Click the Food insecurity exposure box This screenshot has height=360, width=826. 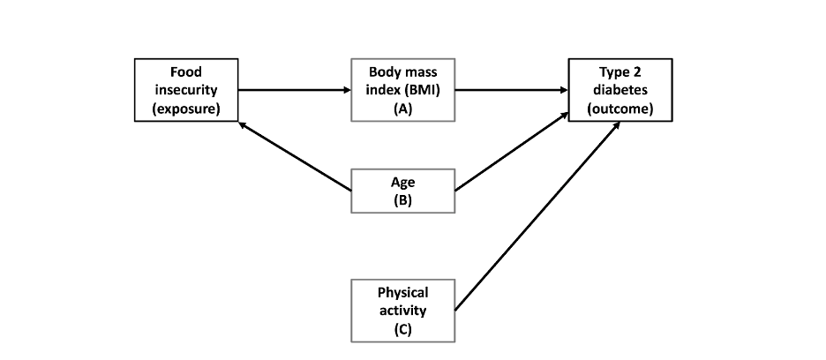[x=185, y=90]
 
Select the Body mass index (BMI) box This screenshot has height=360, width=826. [x=403, y=90]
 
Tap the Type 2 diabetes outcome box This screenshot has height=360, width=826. [x=619, y=90]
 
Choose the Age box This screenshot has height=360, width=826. [x=403, y=191]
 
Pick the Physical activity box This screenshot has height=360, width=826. [x=403, y=311]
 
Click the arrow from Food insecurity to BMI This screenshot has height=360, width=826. [x=295, y=90]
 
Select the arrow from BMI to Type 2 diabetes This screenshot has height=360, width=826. [x=512, y=90]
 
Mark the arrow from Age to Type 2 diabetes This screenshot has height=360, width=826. [x=512, y=150]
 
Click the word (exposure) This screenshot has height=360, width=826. [x=185, y=109]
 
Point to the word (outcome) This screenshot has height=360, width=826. [x=619, y=109]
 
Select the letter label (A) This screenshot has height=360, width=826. [x=403, y=109]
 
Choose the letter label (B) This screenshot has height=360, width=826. [x=403, y=200]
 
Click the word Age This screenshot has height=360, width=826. [x=403, y=183]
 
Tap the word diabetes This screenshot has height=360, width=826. [x=619, y=90]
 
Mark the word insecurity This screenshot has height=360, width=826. [x=185, y=90]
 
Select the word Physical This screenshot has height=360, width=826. [x=403, y=292]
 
